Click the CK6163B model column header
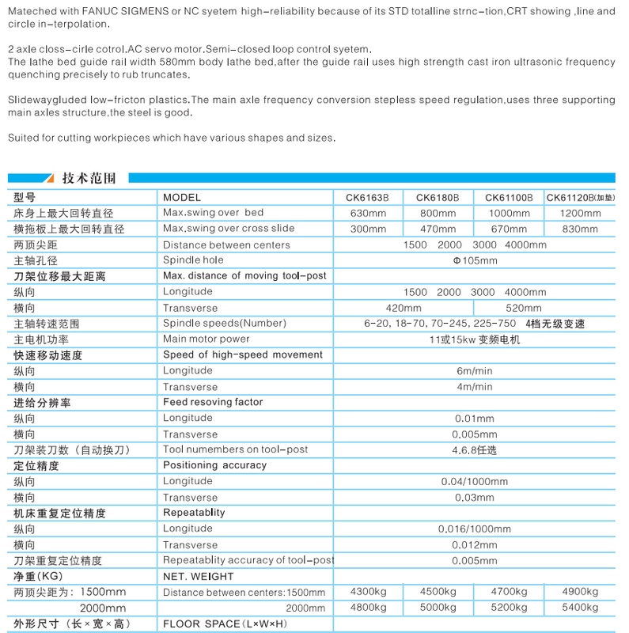[367, 198]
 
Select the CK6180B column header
[438, 198]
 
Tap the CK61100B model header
[509, 198]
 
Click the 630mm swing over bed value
[367, 214]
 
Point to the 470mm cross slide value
[438, 229]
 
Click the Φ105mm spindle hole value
[475, 260]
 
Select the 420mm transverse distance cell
[403, 308]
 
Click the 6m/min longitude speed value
[474, 371]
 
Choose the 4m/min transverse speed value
[474, 387]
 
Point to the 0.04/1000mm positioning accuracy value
[474, 482]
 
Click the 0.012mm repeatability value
[474, 545]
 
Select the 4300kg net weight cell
[367, 592]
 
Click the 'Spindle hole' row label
[193, 260]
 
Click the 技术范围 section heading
[89, 178]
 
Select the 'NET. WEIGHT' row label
[198, 577]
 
